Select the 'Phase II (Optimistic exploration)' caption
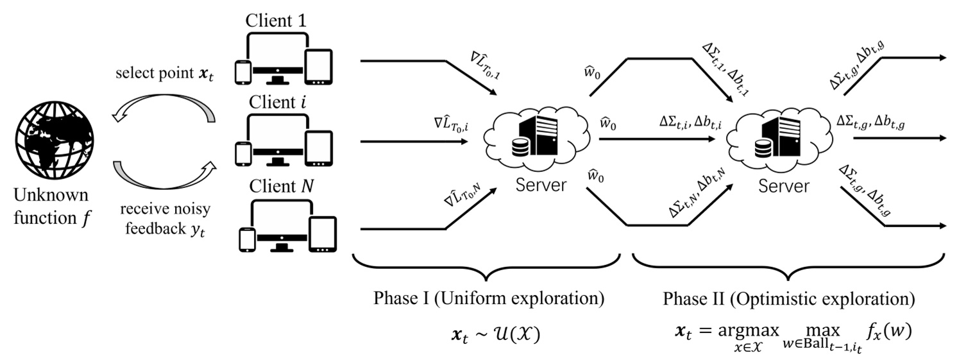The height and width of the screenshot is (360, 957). point(789,300)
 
